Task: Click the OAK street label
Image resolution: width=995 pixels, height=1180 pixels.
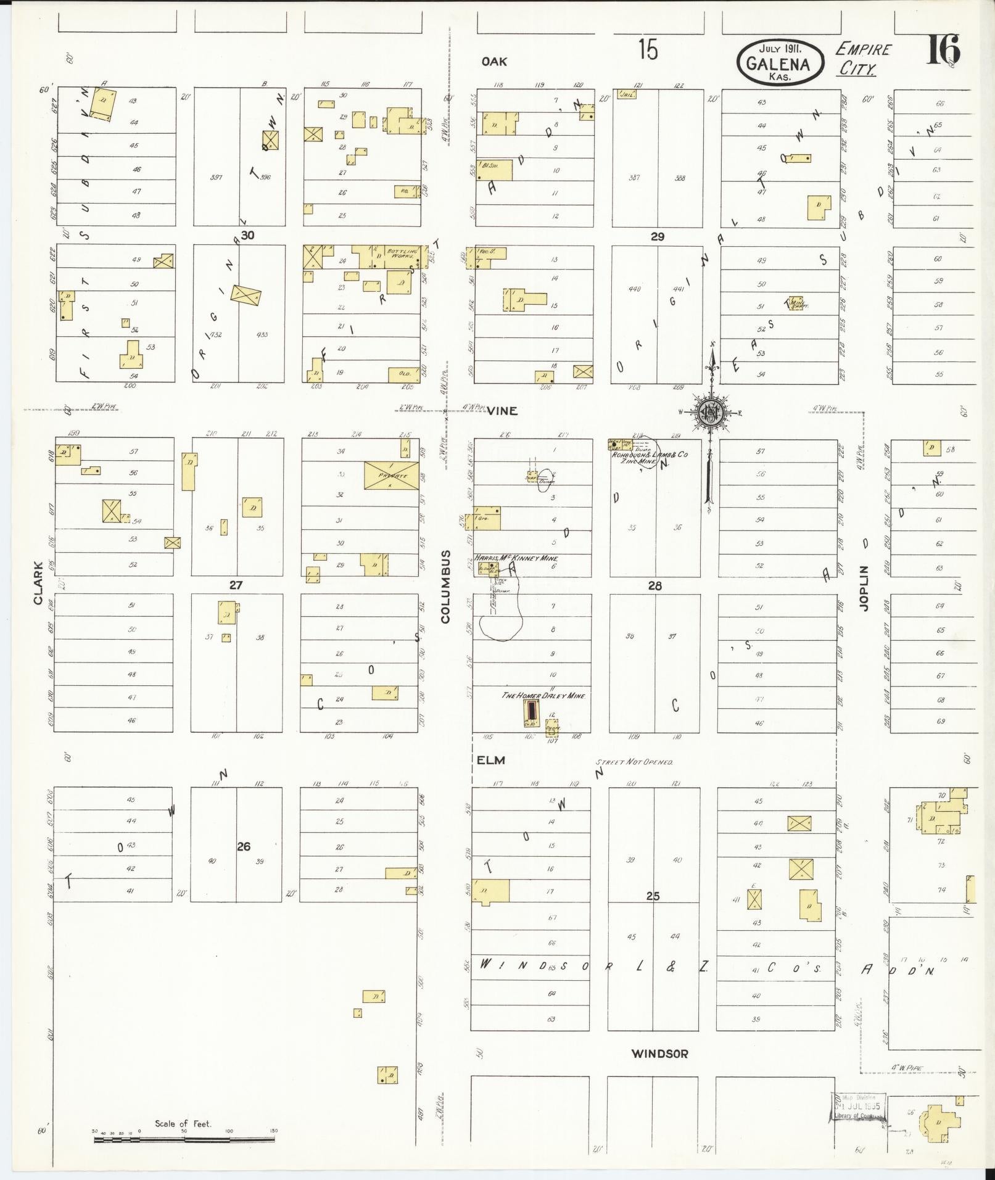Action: click(x=494, y=61)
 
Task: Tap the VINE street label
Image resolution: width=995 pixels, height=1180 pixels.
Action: click(x=502, y=410)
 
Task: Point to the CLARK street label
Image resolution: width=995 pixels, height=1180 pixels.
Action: click(x=38, y=582)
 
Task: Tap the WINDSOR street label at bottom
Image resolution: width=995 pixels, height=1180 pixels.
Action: click(x=659, y=1054)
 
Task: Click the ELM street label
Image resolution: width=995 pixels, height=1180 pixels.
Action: click(x=491, y=761)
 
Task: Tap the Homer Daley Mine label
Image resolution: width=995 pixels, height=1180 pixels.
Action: click(x=542, y=695)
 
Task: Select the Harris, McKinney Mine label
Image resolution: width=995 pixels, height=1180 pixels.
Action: click(x=516, y=558)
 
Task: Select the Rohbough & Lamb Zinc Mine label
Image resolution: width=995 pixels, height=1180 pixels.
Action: click(x=648, y=457)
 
